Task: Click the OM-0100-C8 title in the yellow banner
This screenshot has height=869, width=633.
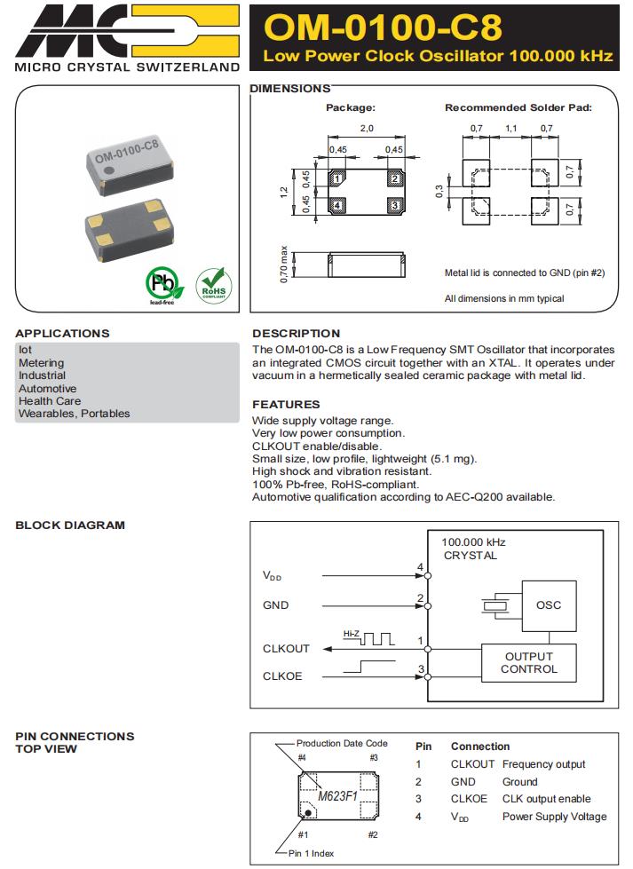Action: click(x=383, y=28)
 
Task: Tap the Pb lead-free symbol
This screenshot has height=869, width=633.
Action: click(x=162, y=285)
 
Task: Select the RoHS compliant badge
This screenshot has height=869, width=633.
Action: click(x=212, y=285)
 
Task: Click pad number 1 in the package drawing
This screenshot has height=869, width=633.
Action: click(x=336, y=180)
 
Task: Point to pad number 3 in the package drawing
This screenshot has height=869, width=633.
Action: click(x=394, y=206)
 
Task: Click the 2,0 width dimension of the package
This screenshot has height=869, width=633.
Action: click(x=366, y=130)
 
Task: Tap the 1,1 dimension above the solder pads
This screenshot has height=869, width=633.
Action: click(x=511, y=130)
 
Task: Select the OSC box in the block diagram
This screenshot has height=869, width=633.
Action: click(x=549, y=606)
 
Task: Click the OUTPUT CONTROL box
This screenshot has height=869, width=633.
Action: click(x=528, y=663)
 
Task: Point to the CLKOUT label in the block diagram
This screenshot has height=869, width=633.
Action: click(x=286, y=649)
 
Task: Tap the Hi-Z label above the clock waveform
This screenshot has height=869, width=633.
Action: click(x=351, y=634)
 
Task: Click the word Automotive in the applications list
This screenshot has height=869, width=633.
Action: click(x=48, y=389)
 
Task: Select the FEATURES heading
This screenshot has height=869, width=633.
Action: click(x=286, y=405)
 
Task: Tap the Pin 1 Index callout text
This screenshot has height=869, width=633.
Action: click(x=311, y=854)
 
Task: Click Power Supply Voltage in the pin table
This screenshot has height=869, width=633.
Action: click(x=554, y=817)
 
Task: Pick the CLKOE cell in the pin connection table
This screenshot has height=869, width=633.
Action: click(x=469, y=799)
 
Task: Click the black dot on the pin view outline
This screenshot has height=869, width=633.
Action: click(x=307, y=811)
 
